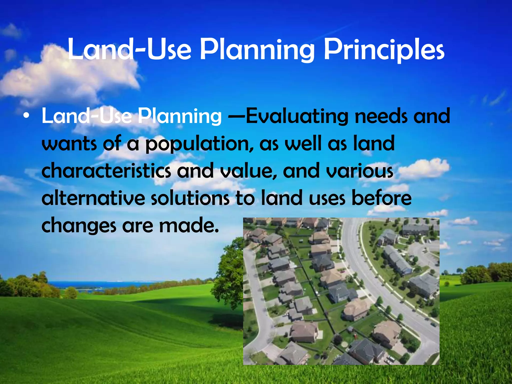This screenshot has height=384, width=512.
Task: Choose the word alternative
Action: coord(93,198)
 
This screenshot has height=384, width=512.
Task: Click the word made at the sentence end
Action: coord(189,225)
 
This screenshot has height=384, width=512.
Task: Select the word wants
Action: coord(69,144)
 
